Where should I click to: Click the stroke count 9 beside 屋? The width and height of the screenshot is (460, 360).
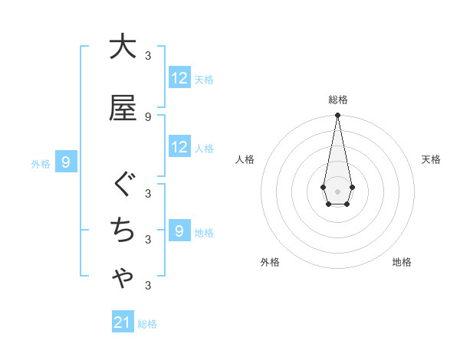pyautogui.click(x=147, y=116)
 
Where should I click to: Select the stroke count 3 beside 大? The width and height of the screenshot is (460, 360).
pyautogui.click(x=147, y=55)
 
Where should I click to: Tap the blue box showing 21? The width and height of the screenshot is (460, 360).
pyautogui.click(x=123, y=322)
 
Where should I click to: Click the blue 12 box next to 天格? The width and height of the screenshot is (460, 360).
pyautogui.click(x=179, y=77)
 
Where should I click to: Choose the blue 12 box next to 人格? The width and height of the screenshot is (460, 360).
pyautogui.click(x=179, y=147)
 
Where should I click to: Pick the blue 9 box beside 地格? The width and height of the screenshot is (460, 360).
pyautogui.click(x=179, y=231)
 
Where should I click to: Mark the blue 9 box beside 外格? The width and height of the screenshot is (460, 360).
pyautogui.click(x=67, y=162)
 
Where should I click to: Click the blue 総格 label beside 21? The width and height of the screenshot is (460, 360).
pyautogui.click(x=147, y=324)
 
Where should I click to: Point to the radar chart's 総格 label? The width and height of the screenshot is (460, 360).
pyautogui.click(x=337, y=100)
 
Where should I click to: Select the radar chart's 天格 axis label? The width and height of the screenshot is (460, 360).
pyautogui.click(x=431, y=159)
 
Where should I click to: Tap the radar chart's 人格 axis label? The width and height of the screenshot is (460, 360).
pyautogui.click(x=245, y=159)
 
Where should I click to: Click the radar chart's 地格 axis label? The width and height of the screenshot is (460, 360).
pyautogui.click(x=402, y=262)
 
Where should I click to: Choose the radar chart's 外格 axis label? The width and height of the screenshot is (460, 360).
pyautogui.click(x=270, y=262)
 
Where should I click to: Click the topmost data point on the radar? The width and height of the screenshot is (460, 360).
pyautogui.click(x=337, y=115)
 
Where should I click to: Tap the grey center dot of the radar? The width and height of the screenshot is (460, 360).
pyautogui.click(x=337, y=190)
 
